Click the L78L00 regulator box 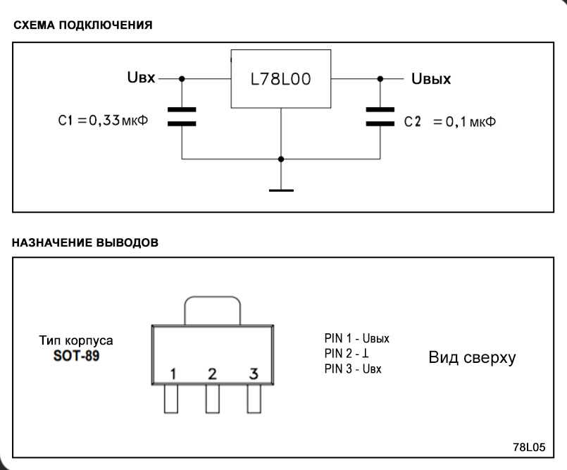tap(281, 80)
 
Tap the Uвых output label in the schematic tap(431, 79)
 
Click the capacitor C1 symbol tap(182, 116)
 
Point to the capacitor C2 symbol tap(380, 116)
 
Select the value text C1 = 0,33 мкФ tap(98, 120)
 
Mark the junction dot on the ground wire tap(281, 159)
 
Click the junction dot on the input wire tap(182, 79)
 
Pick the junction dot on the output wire tap(380, 79)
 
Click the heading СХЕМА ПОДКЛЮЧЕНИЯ tap(81, 25)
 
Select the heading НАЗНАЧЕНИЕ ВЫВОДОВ tap(85, 242)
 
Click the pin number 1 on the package tap(172, 372)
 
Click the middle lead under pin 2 tap(213, 399)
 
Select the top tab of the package tap(212, 310)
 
